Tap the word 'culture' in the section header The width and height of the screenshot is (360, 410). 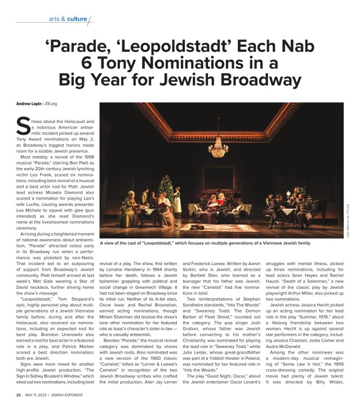click(x=76, y=19)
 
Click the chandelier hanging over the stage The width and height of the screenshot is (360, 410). click(x=217, y=148)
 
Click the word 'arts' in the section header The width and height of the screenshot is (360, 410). click(x=55, y=19)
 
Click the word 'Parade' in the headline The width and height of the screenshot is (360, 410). click(x=78, y=46)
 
